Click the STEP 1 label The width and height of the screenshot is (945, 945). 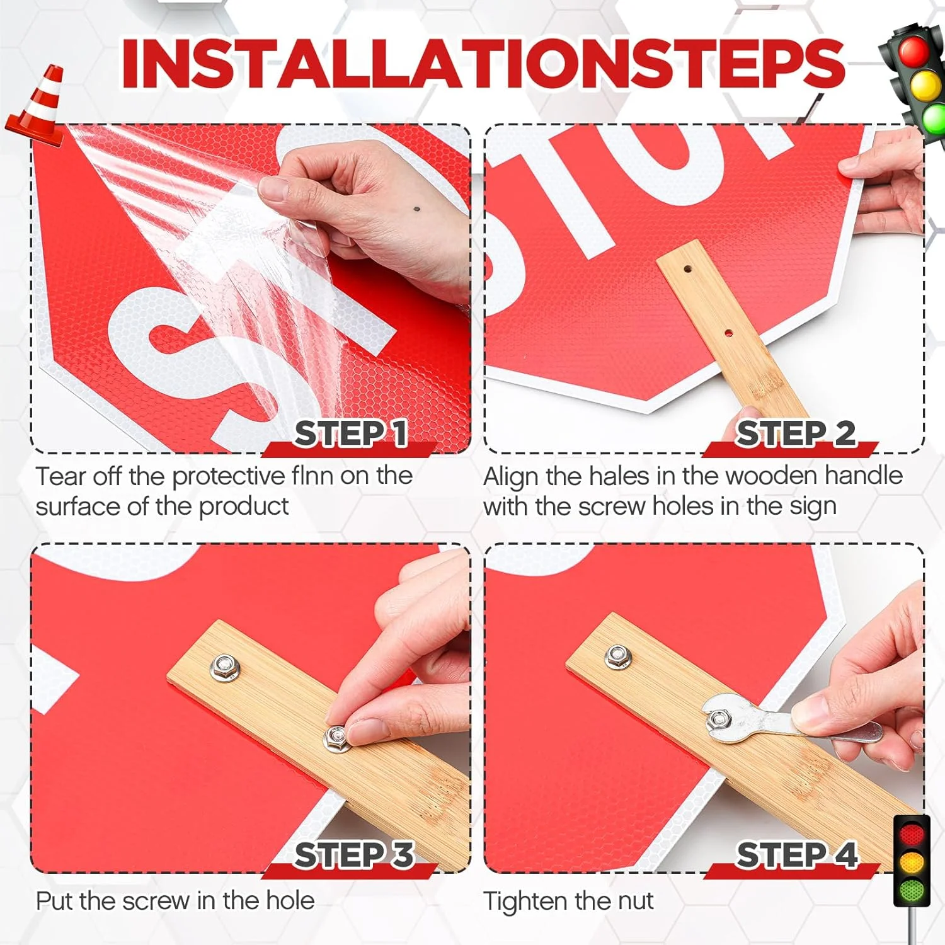coord(351,433)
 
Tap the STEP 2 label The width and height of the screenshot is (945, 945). coord(796,433)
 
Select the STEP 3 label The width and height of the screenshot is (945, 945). coord(354,855)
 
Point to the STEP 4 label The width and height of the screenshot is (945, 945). coord(798,855)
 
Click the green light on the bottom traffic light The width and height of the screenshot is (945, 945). coord(912,890)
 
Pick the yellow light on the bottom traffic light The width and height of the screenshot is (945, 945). coord(912,862)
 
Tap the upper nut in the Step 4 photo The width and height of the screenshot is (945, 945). coord(617,656)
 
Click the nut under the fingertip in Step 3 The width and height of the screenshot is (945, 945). coord(338,738)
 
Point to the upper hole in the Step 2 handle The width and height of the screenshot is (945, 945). coord(687,269)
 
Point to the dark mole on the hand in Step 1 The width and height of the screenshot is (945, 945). coord(416,209)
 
